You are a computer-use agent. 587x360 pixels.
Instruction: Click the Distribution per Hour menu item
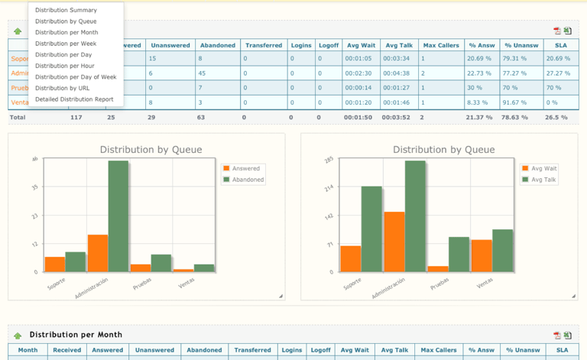point(64,66)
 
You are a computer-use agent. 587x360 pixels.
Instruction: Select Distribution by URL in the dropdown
point(62,88)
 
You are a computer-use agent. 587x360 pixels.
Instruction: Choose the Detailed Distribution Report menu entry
point(74,99)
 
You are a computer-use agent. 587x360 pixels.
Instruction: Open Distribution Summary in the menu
point(66,10)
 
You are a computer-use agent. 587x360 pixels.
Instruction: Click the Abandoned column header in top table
point(216,45)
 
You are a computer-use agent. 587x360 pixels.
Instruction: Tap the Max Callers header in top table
point(441,45)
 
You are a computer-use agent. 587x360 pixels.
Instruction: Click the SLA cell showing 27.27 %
point(557,73)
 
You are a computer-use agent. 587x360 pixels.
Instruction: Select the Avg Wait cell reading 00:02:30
point(358,73)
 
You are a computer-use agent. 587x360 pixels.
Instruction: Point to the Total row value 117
point(76,118)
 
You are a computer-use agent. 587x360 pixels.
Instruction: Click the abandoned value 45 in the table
point(202,73)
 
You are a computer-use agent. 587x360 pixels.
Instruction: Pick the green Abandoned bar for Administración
point(118,216)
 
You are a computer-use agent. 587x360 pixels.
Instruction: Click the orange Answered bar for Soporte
point(55,264)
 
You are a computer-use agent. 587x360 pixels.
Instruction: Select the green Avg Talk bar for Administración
point(415,216)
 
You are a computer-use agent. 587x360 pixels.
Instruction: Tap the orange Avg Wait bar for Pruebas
point(438,268)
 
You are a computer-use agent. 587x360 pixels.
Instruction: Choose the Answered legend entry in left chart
point(245,168)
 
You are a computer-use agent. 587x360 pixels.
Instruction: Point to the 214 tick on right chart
point(329,187)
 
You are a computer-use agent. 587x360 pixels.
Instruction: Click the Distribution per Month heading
point(76,335)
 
